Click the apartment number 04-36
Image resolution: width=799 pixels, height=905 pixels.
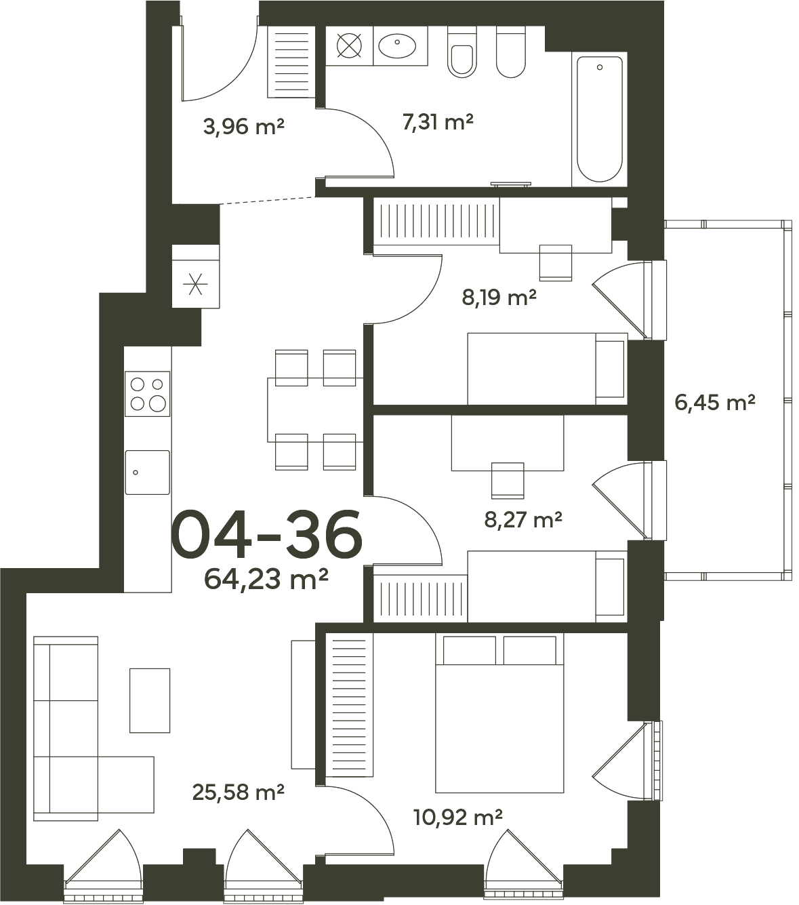pos(266,535)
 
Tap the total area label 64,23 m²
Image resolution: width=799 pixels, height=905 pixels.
pos(266,580)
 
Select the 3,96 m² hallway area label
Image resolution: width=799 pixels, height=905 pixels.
pos(244,127)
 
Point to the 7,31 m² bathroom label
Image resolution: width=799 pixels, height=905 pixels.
pos(438,121)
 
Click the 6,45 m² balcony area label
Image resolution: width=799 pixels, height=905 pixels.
pos(714,403)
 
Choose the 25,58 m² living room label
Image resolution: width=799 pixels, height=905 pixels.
pos(239,792)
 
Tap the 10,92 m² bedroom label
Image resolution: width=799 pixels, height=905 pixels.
pos(458,818)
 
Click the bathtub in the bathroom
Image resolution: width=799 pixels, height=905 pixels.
pos(599,119)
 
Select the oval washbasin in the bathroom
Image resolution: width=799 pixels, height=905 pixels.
pos(397,45)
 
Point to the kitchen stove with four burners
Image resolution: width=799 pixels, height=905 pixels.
pos(147,394)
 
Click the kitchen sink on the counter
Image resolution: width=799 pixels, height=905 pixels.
pos(147,472)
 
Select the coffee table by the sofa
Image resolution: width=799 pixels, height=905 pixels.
pos(150,700)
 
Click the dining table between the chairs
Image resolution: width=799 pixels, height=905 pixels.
pos(315,409)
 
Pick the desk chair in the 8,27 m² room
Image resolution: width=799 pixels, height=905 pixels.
pos(508,480)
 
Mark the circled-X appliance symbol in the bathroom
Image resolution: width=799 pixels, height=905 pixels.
pos(349,45)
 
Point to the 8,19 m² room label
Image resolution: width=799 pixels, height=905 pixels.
pos(499,297)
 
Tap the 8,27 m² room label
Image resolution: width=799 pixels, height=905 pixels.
pos(523,520)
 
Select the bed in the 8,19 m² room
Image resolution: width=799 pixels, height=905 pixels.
pos(548,369)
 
